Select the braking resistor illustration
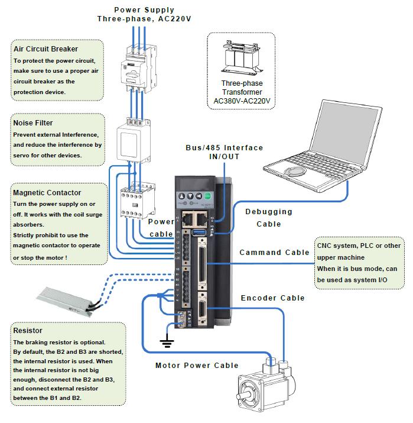pos(64,298)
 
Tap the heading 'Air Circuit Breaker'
pos(45,49)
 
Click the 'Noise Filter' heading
pos(35,122)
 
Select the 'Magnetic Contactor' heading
pos(47,192)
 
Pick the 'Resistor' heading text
pos(28,330)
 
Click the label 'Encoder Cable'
pos(272,298)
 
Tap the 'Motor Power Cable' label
pos(197,365)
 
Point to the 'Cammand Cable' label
pos(274,253)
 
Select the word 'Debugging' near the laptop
pos(269,211)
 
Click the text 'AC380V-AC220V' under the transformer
pos(242,101)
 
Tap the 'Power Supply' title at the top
pos(144,9)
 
